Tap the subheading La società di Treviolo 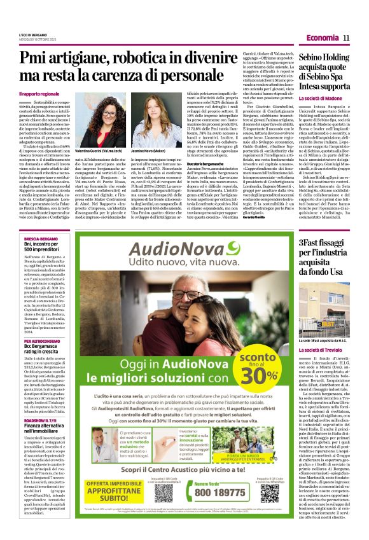point(321,368)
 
